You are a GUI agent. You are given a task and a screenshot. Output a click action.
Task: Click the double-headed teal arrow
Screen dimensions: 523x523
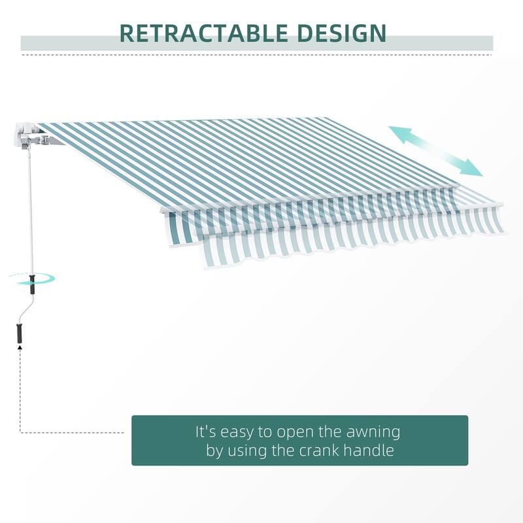(x=435, y=151)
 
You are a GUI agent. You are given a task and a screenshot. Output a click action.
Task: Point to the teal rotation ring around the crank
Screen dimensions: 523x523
(x=33, y=278)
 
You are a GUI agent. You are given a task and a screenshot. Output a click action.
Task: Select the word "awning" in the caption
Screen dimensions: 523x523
(x=374, y=432)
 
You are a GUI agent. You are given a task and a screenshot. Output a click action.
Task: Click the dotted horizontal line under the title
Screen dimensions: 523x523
(x=261, y=55)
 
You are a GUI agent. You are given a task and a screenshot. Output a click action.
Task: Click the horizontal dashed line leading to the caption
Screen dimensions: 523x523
(x=72, y=432)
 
